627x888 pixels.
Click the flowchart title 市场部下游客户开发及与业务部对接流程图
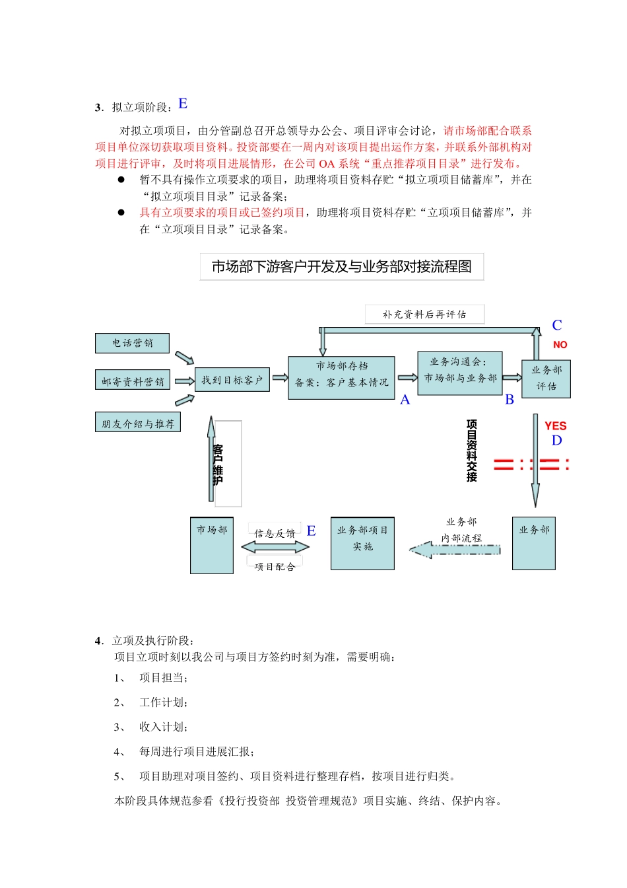pos(341,267)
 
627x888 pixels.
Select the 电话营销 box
pos(132,343)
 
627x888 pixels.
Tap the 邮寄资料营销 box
pos(133,381)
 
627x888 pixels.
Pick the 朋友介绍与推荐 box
pos(138,424)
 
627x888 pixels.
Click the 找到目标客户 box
pos(232,380)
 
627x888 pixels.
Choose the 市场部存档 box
pos(341,378)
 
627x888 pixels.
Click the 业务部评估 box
pos(546,379)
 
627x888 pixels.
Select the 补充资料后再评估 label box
pos(424,314)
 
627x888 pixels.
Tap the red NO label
pos(560,345)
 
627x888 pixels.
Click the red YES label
pos(555,426)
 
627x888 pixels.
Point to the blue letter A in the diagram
pos(405,400)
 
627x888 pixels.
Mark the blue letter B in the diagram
pos(509,400)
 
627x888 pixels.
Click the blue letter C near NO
pos(557,325)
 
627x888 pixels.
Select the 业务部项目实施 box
pos(362,543)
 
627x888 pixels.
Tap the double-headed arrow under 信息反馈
pos(275,547)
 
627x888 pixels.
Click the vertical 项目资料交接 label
pos(471,451)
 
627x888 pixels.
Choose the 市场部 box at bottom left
pos(212,545)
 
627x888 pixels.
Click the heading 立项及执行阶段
pos(152,640)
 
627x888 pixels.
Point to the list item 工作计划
pos(163,702)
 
